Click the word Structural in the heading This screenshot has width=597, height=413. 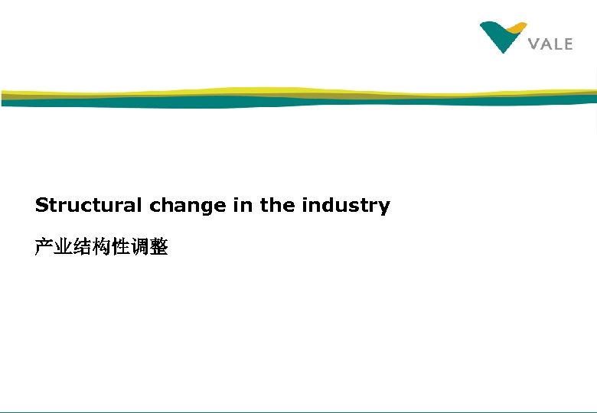[x=89, y=206]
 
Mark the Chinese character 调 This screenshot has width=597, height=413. [x=140, y=247]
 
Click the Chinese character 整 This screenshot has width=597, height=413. [x=159, y=247]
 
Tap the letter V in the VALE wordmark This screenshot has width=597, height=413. [x=535, y=44]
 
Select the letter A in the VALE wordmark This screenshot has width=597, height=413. [x=547, y=44]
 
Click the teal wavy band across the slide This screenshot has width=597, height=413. [x=230, y=102]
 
